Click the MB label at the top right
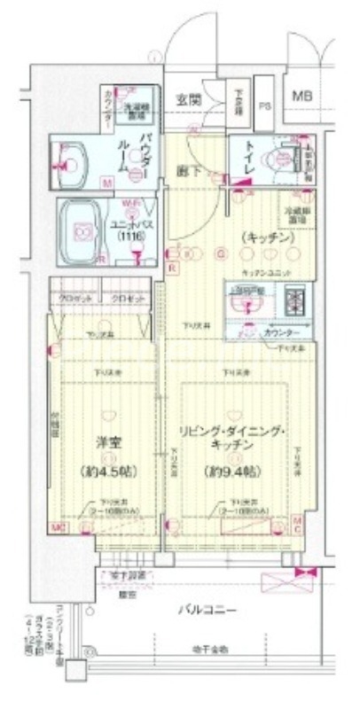pos(302,96)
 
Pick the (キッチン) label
pos(257,237)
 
